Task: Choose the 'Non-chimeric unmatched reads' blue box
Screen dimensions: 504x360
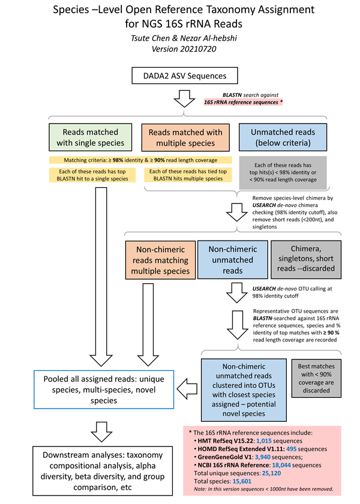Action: coord(232,260)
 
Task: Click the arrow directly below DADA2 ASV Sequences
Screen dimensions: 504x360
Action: coord(179,98)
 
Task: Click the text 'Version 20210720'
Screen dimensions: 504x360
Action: coord(180,49)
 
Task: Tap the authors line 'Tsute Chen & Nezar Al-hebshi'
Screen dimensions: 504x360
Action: coord(180,38)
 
